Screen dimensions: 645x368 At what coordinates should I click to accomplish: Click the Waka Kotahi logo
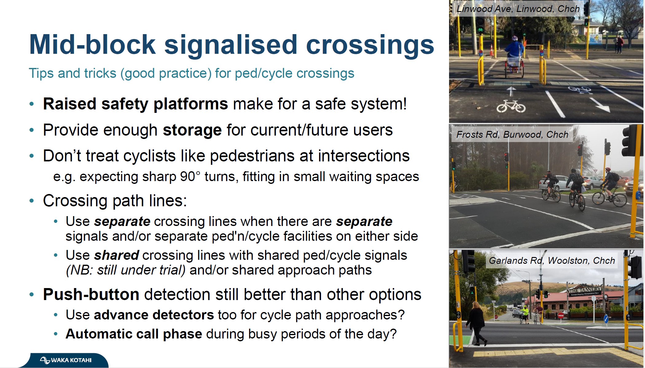(66, 360)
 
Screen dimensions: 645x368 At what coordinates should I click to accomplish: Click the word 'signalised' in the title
(231, 45)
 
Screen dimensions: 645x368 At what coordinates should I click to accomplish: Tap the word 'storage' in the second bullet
(192, 130)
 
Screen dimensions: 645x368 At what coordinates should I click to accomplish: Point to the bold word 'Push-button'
(91, 295)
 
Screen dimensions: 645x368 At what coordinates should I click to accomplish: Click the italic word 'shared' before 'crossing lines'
(117, 255)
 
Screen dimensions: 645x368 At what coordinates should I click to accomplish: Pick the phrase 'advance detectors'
(154, 315)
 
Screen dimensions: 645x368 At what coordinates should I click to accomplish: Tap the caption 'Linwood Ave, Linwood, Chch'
(518, 9)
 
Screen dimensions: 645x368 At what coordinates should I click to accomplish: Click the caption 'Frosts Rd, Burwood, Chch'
(512, 134)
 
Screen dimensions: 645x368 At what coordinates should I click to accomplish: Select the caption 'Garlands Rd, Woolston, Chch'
(552, 261)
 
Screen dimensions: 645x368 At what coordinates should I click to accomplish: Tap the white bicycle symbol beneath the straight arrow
(511, 106)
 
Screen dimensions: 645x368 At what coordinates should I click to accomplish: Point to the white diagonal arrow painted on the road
(599, 105)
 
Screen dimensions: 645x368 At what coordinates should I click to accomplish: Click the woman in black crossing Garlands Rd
(476, 323)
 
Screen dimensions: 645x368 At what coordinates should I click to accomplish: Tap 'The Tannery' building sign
(585, 290)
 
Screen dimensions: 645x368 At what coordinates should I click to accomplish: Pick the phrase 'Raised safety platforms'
(135, 104)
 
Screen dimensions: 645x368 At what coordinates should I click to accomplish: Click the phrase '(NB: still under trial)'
(126, 270)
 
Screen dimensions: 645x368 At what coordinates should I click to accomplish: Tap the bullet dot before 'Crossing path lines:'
(32, 201)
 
